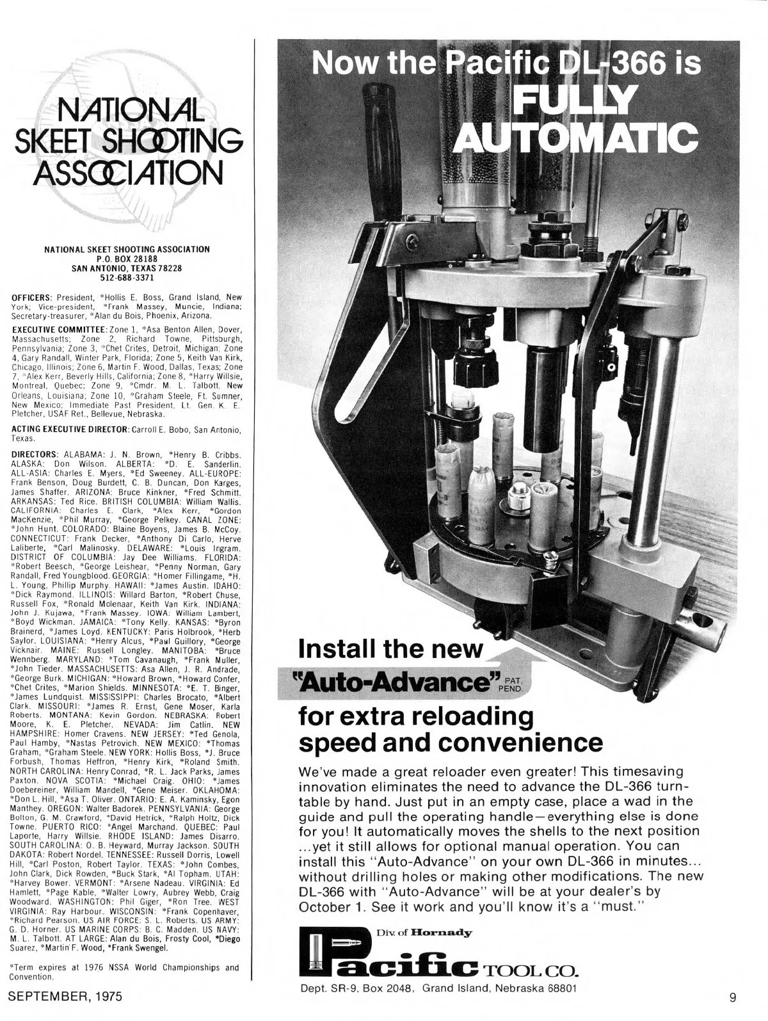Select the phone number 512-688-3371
coord(127,278)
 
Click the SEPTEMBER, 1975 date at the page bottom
coord(65,997)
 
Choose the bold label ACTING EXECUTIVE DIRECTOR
coord(70,427)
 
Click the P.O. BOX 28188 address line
coord(127,257)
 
